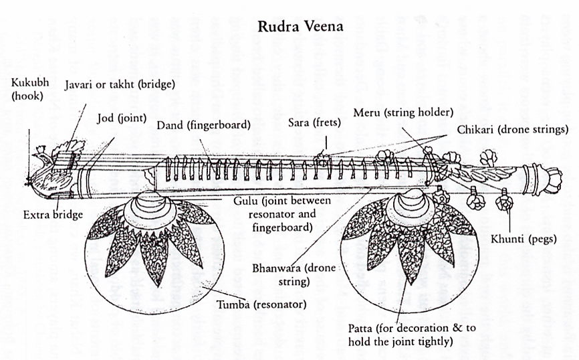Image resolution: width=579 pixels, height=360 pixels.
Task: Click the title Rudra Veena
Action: [301, 27]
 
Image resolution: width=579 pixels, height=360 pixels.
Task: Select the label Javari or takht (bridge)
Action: [119, 85]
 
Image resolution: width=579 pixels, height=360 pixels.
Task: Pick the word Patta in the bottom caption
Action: [362, 328]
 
